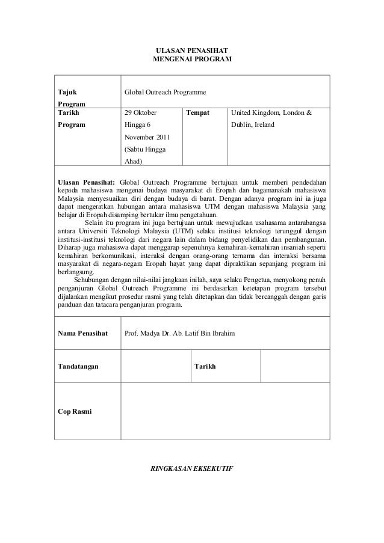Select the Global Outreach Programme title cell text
(164, 93)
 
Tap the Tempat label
(199, 112)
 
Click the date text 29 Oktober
(140, 112)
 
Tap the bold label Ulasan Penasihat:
(84, 182)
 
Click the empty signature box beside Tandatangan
(155, 366)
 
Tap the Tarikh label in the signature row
(206, 366)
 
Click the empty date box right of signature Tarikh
(295, 366)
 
